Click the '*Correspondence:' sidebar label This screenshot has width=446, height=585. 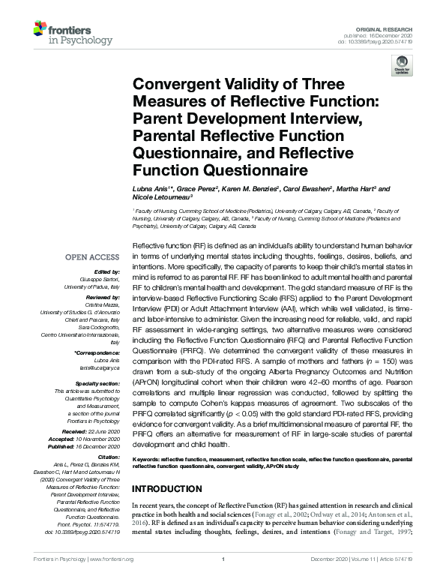point(97,352)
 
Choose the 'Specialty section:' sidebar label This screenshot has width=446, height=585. point(98,382)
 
